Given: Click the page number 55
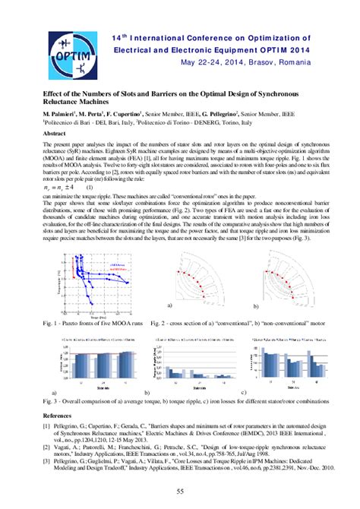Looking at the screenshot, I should click(180, 492).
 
